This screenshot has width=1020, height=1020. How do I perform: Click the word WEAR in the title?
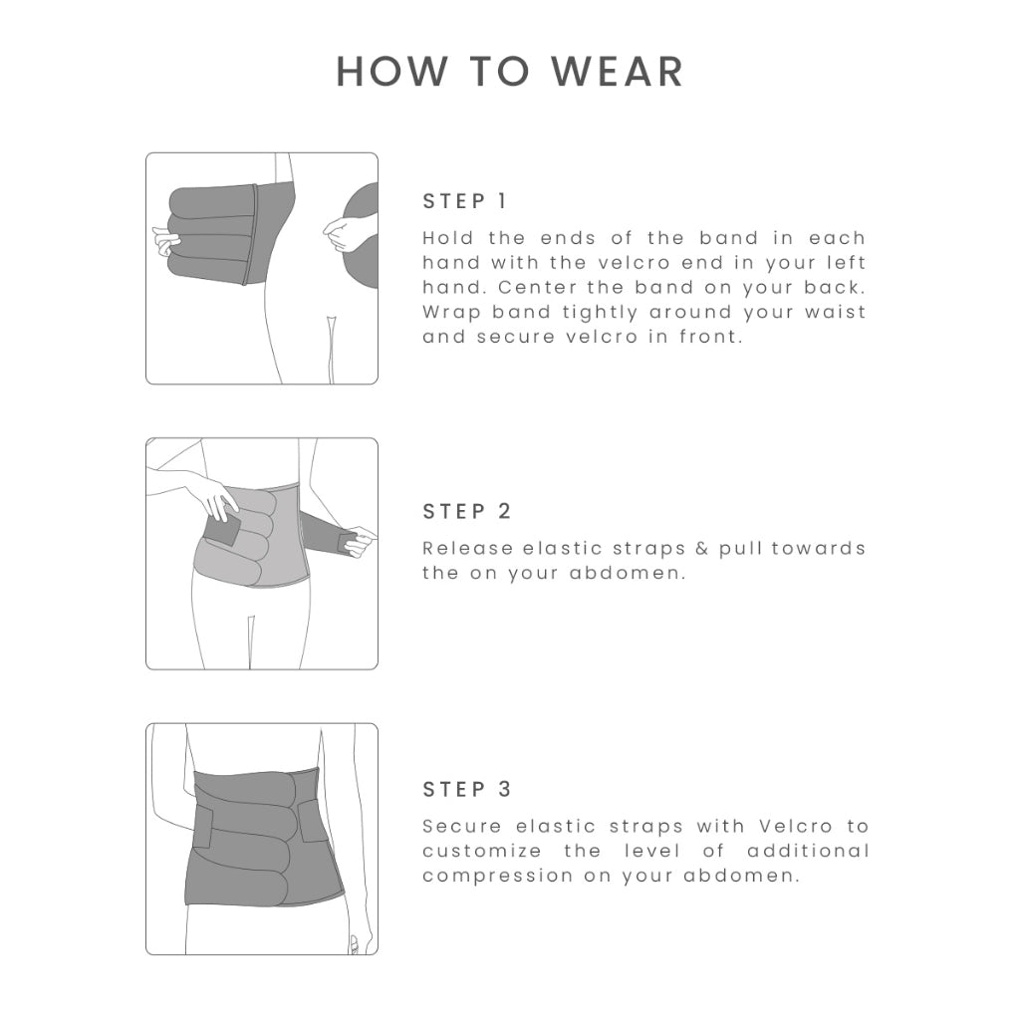coord(618,71)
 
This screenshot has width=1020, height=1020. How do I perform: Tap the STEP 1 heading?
coord(464,201)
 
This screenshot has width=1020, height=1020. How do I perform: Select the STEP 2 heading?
coord(466,511)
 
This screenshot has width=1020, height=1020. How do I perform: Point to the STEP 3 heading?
coord(466,789)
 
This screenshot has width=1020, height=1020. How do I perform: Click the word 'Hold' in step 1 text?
coord(447,238)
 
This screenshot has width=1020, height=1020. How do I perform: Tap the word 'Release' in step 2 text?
coord(468,549)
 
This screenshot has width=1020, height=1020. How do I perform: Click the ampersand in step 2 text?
coord(701,549)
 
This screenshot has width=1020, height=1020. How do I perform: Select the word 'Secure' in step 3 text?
coord(462,826)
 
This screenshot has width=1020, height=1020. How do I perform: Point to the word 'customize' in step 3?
coord(482,851)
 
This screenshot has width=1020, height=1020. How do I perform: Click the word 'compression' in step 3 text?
coord(498,876)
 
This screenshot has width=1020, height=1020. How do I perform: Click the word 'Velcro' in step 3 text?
coord(796,826)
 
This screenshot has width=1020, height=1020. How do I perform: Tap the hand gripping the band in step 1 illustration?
coord(166,241)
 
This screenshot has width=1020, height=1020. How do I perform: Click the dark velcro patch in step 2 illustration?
coord(222,528)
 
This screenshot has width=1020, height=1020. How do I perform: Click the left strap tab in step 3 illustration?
coord(202,828)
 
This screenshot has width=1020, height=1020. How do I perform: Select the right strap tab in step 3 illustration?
coord(313,821)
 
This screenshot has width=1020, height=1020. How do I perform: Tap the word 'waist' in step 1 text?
coord(836,312)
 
